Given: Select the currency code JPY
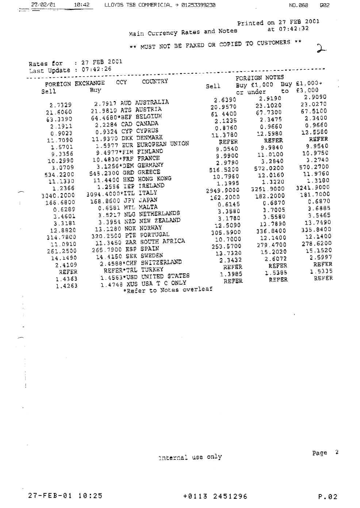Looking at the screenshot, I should click(129, 200).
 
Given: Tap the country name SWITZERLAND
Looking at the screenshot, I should click(161, 262).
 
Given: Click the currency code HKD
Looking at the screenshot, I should click(128, 180).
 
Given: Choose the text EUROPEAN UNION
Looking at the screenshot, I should click(163, 144).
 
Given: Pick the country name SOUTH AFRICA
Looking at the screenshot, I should click(162, 242).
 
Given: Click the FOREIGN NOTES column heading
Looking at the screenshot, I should click(260, 77).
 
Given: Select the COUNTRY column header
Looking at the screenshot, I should click(155, 81).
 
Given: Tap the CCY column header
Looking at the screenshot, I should click(122, 82).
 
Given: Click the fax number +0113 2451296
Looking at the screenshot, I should click(215, 496).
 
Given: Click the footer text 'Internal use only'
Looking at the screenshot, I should click(190, 457).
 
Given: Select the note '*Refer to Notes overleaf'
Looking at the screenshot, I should click(168, 290).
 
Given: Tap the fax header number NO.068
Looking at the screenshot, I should click(298, 5).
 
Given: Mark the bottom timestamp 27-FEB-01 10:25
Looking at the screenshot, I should click(65, 496).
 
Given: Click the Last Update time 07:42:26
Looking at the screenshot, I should click(96, 69).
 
